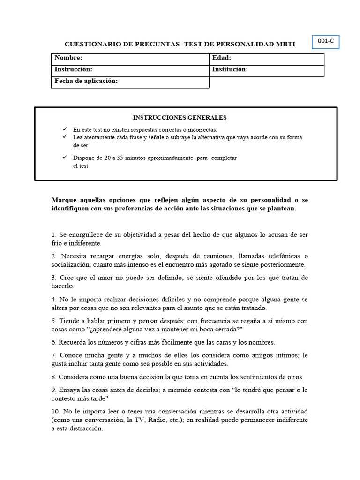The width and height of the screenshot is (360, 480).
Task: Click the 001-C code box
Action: [325, 42]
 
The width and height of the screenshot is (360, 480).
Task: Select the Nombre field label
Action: [68, 58]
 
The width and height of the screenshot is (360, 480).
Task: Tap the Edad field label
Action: [222, 58]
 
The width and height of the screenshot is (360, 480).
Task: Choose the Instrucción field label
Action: [74, 69]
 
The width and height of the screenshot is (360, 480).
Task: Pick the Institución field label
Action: [230, 69]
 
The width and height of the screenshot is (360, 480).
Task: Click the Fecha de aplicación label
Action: [86, 81]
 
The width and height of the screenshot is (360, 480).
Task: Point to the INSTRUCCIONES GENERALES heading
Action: [180, 118]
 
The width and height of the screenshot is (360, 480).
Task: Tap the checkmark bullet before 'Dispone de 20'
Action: [65, 157]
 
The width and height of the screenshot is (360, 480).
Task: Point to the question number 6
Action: [54, 342]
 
